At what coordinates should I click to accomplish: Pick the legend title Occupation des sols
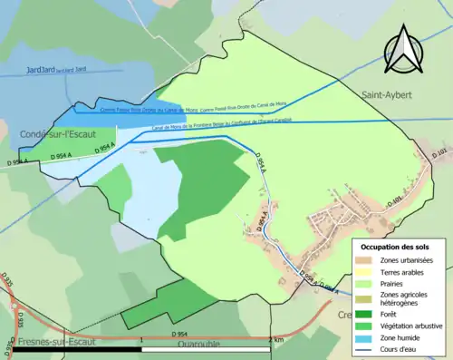(x=394, y=247)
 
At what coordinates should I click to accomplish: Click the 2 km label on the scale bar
(x=277, y=340)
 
